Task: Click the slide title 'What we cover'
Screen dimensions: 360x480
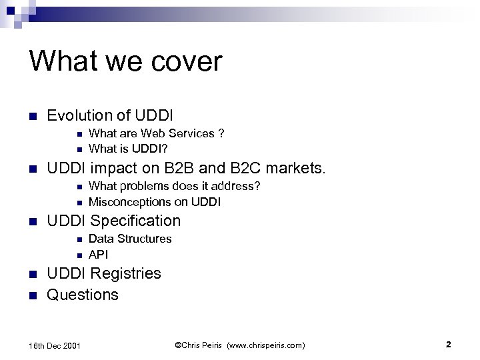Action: tap(125, 61)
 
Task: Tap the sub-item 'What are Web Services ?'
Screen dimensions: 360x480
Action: tap(156, 133)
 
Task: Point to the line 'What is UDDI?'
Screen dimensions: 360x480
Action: tap(128, 148)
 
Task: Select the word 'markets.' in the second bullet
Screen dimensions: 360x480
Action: tap(299, 168)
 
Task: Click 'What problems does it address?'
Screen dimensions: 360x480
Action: tap(174, 186)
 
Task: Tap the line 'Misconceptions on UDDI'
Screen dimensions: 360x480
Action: tap(154, 201)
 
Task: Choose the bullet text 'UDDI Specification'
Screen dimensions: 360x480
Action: tap(113, 221)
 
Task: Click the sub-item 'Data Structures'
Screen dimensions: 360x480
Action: tap(130, 239)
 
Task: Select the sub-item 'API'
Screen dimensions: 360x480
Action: tap(98, 254)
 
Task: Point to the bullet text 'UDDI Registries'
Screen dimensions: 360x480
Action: tap(103, 273)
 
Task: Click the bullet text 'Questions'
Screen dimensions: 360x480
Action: tap(82, 295)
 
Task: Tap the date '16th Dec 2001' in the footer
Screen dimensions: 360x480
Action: tap(55, 345)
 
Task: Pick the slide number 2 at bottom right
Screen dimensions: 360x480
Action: tap(449, 345)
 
